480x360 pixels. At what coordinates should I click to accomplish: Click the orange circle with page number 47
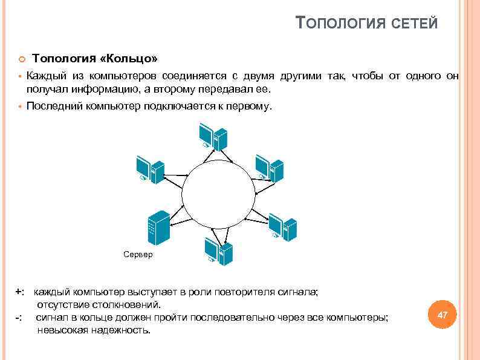(x=442, y=315)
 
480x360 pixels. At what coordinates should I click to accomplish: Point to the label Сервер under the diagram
(x=138, y=255)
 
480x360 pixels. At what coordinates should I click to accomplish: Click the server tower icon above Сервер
(x=158, y=227)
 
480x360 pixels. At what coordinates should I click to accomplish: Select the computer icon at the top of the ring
(x=212, y=136)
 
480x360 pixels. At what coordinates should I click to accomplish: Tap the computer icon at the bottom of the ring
(x=218, y=250)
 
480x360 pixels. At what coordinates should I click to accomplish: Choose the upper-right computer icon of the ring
(x=269, y=168)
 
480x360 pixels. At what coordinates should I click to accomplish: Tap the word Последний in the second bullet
(x=51, y=106)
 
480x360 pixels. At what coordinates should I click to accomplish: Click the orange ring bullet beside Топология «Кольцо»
(x=21, y=59)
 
